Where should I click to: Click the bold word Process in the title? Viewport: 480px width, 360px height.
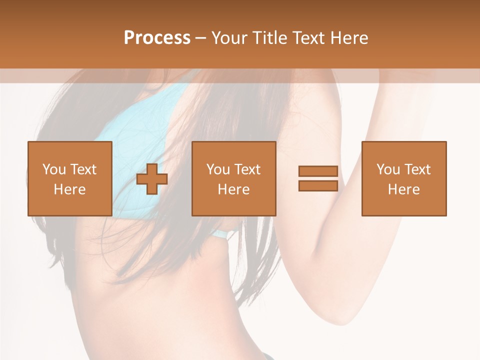(157, 38)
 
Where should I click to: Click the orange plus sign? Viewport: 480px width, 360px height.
(152, 178)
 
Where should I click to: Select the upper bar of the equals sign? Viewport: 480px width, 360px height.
(318, 171)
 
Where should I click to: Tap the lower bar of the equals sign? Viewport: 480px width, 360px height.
(318, 185)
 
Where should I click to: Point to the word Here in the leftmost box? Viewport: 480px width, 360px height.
(69, 189)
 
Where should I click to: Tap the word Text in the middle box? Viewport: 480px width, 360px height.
(247, 169)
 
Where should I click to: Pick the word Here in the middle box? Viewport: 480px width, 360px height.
(233, 189)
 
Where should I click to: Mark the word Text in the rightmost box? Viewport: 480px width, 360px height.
(417, 169)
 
